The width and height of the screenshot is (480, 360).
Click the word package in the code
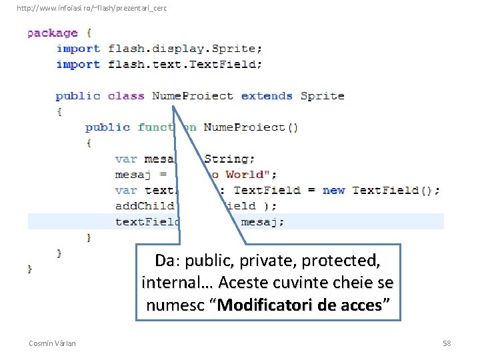coord(53,33)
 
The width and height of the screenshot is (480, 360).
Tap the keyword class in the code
coord(126,96)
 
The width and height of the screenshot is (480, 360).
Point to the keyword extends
coord(267,96)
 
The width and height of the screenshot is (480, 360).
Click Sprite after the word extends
coord(323,96)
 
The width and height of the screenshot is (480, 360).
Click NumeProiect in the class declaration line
coord(193,96)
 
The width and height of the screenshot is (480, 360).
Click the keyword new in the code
coord(333,191)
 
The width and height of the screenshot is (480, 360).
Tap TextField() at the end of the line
coord(396,191)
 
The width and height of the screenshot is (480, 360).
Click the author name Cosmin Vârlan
coord(52,343)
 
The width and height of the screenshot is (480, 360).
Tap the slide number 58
coord(447,343)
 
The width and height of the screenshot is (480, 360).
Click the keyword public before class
coord(78,96)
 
